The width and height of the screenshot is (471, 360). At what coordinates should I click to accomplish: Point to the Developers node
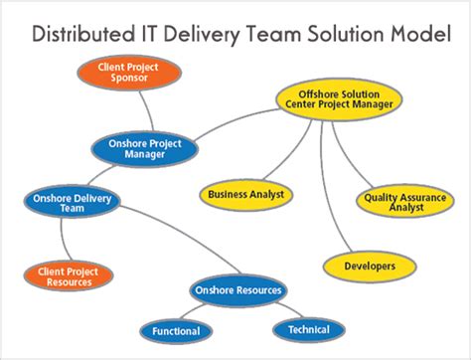tap(370, 266)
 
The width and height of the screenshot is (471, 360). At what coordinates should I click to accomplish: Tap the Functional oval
tap(176, 330)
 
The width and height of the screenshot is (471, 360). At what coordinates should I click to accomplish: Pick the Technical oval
tap(308, 329)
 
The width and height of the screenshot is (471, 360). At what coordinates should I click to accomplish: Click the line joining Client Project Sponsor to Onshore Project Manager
tap(147, 108)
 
